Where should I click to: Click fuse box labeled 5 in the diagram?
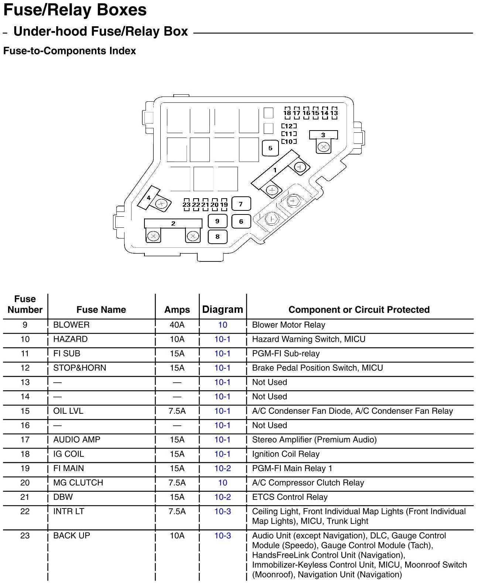[270, 148]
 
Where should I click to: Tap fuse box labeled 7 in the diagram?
[241, 204]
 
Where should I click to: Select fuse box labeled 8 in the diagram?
[218, 237]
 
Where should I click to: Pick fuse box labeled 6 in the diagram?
[241, 222]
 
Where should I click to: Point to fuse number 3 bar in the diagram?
[323, 135]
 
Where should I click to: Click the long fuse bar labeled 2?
[173, 223]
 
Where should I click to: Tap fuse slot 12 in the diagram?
[289, 126]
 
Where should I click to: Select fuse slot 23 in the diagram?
[187, 204]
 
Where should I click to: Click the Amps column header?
[177, 310]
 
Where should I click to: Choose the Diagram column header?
[223, 310]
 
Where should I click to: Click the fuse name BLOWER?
[71, 325]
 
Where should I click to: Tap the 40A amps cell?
[177, 325]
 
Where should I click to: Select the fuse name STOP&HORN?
[79, 368]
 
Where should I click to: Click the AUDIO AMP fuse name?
[77, 440]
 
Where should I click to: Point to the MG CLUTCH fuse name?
[78, 483]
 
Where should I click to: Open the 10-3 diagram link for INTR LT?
[223, 511]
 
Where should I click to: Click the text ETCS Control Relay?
[290, 497]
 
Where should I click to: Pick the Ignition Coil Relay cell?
[286, 454]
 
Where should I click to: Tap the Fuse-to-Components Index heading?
[69, 51]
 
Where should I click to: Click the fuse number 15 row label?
[25, 411]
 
